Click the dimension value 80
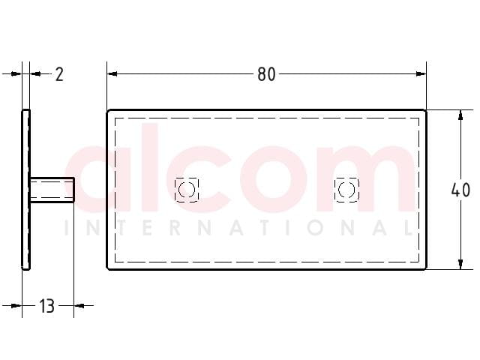[266, 74]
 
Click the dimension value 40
[460, 190]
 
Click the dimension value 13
[46, 306]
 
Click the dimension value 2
[59, 74]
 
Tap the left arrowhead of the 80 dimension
[112, 73]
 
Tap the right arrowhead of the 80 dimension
[421, 73]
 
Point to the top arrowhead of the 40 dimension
[460, 115]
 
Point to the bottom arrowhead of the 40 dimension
[460, 265]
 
